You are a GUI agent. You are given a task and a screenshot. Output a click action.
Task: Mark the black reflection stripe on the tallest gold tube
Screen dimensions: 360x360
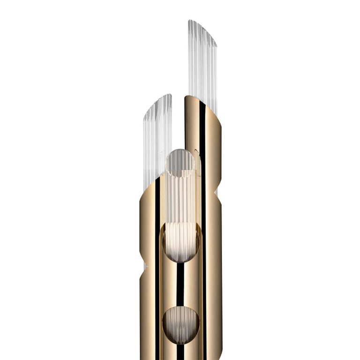coord(202,141)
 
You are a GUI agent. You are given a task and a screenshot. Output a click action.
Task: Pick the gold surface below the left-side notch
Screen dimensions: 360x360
coord(148,319)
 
